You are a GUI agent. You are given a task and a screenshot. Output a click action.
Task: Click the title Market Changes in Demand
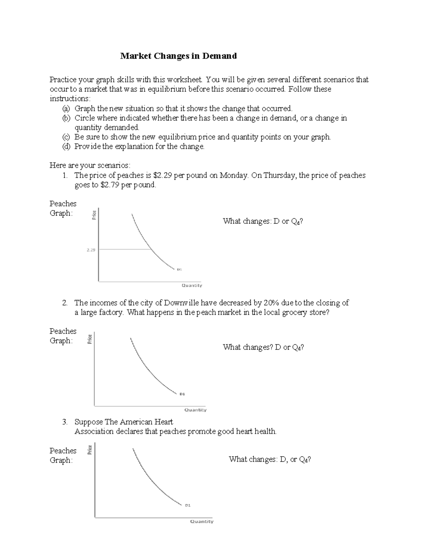(178, 56)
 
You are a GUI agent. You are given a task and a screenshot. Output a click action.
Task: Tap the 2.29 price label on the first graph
(91, 250)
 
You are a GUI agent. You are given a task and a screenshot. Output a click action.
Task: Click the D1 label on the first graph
(179, 270)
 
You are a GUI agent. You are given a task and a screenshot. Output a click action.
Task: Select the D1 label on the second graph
(182, 394)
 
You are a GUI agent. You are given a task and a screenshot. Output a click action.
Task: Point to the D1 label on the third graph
(188, 505)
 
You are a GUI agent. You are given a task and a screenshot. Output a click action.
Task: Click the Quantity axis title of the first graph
(192, 285)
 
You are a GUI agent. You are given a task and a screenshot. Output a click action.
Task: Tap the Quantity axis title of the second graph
(196, 410)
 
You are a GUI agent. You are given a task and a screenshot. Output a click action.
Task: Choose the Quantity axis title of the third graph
(202, 521)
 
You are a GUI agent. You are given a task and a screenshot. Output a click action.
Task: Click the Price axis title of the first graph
(94, 215)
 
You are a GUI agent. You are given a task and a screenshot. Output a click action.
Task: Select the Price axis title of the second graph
(90, 339)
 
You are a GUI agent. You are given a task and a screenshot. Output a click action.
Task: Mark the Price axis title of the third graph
(90, 450)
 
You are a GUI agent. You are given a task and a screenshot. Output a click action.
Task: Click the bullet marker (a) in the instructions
(66, 108)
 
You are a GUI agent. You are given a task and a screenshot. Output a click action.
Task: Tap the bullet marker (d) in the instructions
(66, 146)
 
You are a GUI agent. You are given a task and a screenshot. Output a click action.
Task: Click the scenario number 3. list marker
(65, 422)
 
